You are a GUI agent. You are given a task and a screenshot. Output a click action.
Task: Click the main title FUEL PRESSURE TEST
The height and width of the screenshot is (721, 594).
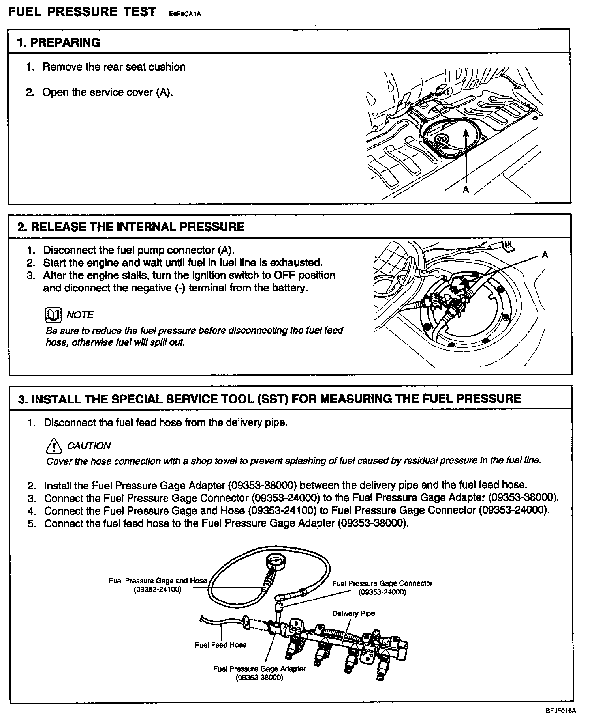pos(82,12)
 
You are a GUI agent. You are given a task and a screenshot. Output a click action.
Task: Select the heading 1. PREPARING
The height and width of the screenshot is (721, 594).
pos(59,43)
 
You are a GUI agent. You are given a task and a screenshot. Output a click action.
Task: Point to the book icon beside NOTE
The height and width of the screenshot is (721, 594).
pos(53,315)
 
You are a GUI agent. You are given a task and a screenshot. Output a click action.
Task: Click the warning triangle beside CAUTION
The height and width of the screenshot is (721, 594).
pos(54,446)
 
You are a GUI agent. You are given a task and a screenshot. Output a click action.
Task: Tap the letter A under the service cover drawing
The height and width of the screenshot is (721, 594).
pos(466,190)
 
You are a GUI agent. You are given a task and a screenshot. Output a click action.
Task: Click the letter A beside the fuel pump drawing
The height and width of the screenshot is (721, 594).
pos(545,255)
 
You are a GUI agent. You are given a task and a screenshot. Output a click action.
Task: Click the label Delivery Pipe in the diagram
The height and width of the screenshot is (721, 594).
pos(353,613)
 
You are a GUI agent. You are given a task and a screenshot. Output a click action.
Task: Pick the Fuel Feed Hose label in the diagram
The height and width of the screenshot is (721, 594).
pos(220,645)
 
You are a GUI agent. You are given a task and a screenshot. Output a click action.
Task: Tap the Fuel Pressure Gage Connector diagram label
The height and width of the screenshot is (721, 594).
pos(382,583)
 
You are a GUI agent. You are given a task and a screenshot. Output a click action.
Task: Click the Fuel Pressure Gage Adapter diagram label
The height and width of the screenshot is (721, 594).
pos(259,669)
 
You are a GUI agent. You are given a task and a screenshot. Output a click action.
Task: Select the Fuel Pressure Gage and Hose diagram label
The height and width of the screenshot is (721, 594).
pos(158,581)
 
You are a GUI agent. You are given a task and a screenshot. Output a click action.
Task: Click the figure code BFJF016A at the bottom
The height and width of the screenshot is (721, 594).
pos(561,711)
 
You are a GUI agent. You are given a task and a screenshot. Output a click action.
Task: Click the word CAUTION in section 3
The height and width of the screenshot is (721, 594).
pos(89,446)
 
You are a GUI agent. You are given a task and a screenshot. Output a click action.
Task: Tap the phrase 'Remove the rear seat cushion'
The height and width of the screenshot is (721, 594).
pos(114,67)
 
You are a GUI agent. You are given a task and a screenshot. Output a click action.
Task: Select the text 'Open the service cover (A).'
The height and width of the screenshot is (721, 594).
pos(107,92)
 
